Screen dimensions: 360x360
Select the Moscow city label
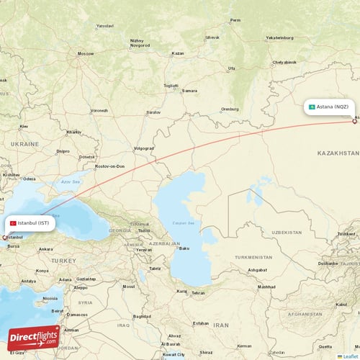(86, 54)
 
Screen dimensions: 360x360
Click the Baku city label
(184, 248)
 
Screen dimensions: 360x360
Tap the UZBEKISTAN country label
(287, 233)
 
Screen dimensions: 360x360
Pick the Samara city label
(189, 91)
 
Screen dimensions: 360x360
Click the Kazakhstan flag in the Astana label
(311, 107)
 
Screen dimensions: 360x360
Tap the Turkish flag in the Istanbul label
(12, 223)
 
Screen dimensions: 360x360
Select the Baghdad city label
(141, 316)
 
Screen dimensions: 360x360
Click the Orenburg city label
(230, 109)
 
